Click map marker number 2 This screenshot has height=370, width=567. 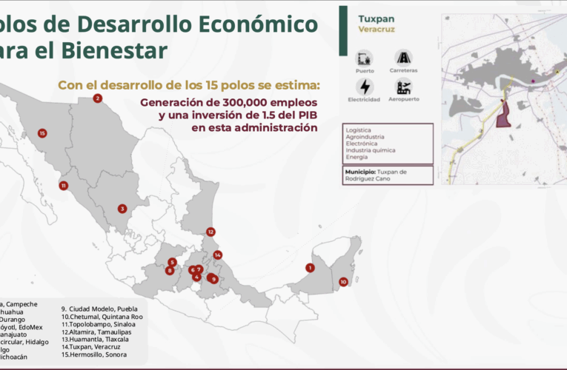coord(97,98)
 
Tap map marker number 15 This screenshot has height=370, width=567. coord(42,133)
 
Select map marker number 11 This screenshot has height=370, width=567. coord(64,186)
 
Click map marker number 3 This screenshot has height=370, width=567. coord(122,209)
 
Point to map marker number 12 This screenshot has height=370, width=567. coord(210,232)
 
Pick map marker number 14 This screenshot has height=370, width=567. coord(217,255)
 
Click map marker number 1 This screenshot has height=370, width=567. coord(310,268)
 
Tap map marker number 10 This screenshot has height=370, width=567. coord(343,282)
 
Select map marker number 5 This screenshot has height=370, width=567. coord(172,262)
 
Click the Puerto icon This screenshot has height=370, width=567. coord(364,58)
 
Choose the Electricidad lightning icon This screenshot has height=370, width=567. coord(364,86)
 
